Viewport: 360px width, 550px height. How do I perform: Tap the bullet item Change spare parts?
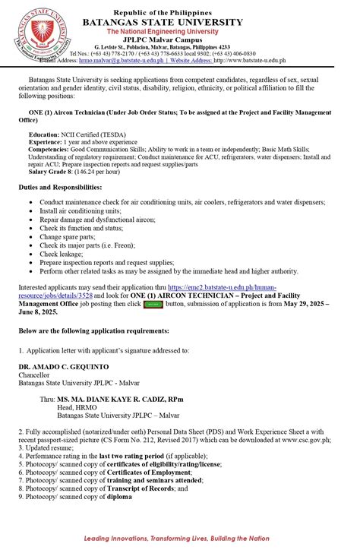pyautogui.click(x=69, y=237)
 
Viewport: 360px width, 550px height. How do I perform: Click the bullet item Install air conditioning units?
pyautogui.click(x=85, y=210)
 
